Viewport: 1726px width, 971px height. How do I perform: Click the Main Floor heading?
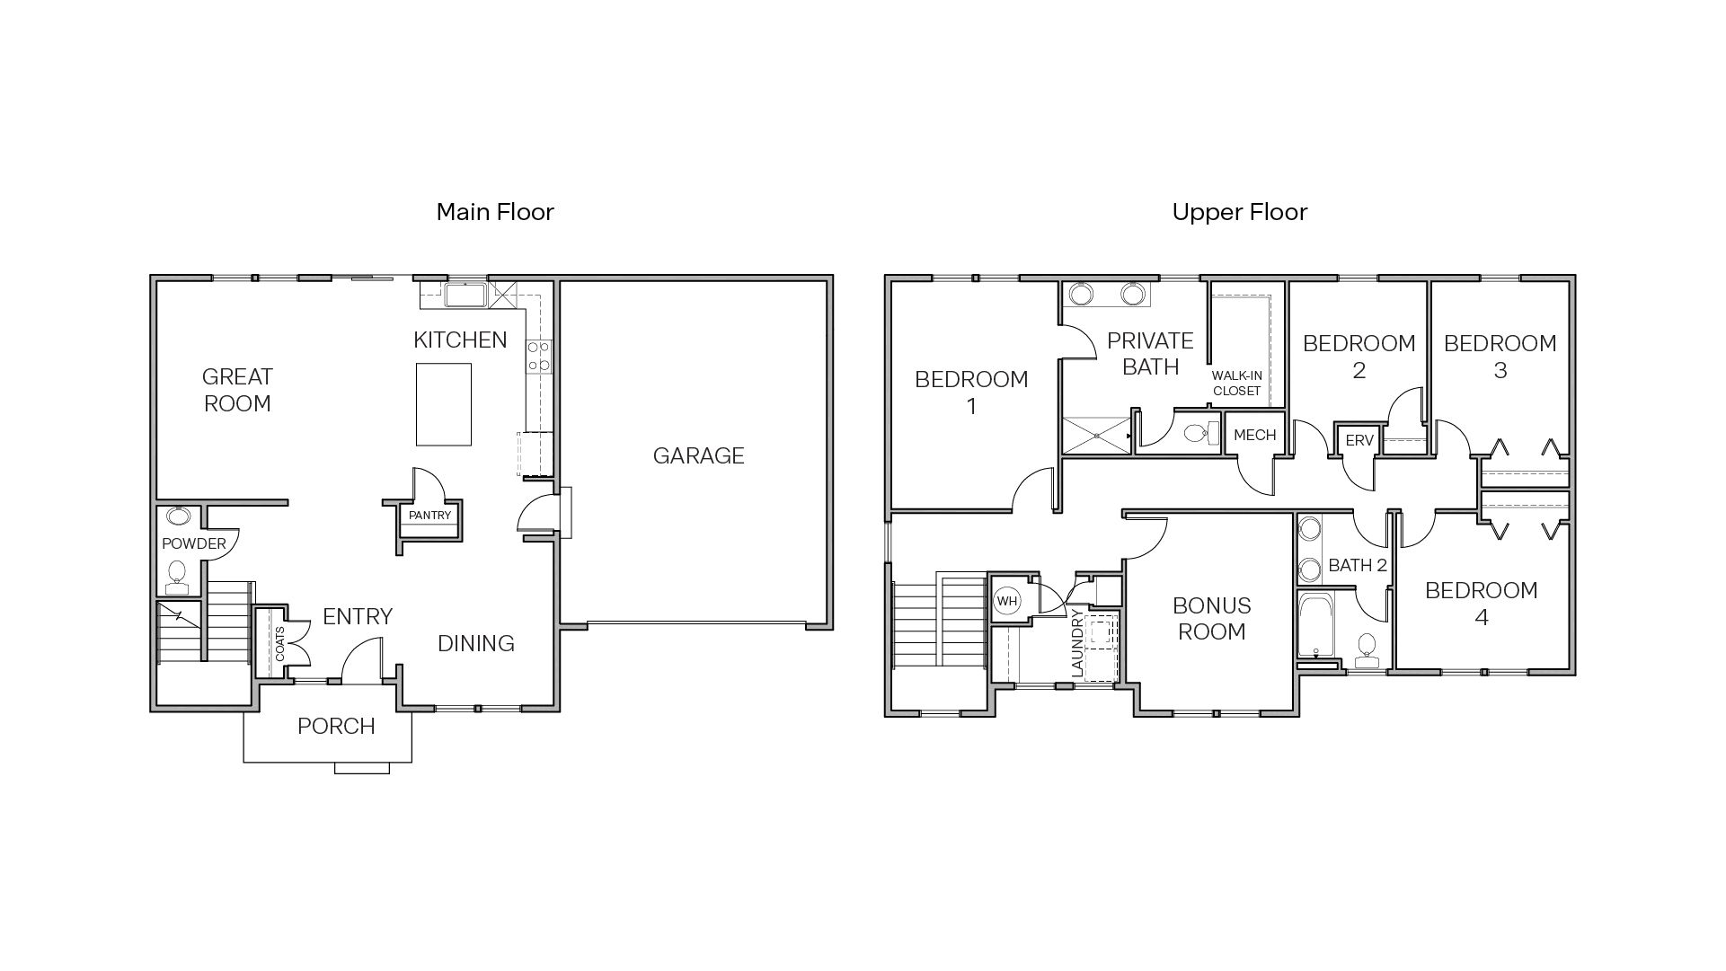(495, 212)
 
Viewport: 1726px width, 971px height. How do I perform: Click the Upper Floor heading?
(1239, 212)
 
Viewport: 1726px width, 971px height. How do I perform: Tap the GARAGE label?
(698, 455)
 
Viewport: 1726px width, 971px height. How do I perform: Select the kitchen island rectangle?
(444, 404)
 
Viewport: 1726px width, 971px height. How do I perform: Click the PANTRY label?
(429, 516)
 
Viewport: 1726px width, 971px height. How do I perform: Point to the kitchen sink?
(465, 294)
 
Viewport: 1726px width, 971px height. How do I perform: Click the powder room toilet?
(177, 575)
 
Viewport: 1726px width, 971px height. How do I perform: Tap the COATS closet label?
(279, 644)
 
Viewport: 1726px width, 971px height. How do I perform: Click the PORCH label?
(336, 726)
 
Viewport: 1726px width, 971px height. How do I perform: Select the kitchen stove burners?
(539, 356)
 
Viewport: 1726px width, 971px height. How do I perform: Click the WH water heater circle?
(1007, 600)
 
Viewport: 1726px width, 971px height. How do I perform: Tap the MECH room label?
(1254, 435)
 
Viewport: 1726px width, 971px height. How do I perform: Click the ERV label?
(1359, 440)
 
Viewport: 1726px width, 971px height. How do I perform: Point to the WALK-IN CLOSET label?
(1236, 383)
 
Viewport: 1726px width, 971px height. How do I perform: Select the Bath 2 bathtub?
(1317, 625)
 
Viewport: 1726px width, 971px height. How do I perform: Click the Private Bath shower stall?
(1096, 435)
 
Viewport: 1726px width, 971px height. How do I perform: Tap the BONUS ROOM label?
(1211, 618)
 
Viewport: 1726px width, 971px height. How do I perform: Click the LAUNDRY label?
(1077, 643)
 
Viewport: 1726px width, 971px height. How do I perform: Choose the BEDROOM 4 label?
(1481, 603)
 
